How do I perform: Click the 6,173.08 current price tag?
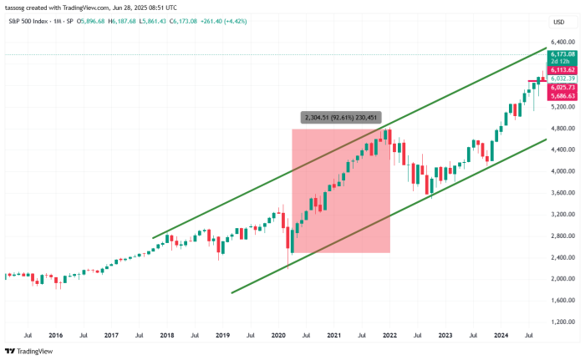point(563,54)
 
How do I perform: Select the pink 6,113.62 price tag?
point(563,70)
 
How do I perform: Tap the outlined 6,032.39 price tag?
point(563,79)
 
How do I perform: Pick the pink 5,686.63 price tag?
point(563,96)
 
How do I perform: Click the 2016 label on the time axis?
point(55,336)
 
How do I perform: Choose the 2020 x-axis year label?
point(278,336)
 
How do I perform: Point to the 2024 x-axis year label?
point(501,336)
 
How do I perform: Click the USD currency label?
point(558,22)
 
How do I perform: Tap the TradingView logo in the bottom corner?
point(29,351)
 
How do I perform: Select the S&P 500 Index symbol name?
point(26,20)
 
